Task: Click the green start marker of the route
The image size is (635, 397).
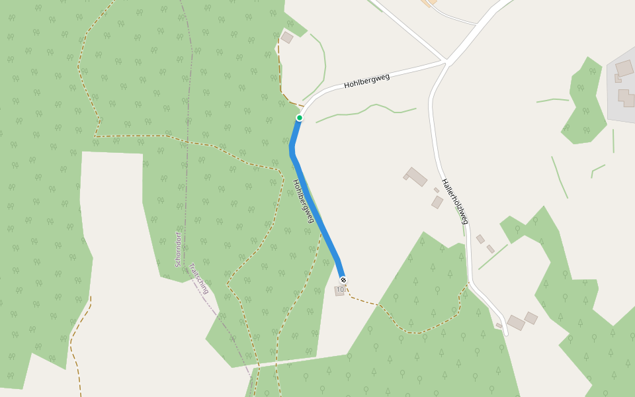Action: click(300, 118)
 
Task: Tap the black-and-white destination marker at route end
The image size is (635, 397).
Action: click(343, 280)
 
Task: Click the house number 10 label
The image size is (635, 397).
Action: click(340, 290)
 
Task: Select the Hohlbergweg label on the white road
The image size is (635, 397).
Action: click(366, 81)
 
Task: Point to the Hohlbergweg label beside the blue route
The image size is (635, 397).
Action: click(303, 200)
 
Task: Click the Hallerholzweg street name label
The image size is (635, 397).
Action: click(455, 201)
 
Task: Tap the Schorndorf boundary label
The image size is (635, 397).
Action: click(178, 249)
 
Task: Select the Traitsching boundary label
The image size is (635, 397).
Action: click(199, 279)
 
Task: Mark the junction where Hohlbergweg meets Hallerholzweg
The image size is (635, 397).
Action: click(446, 63)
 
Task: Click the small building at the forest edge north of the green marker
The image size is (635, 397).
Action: click(287, 38)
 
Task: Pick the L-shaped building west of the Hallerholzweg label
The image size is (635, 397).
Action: click(415, 177)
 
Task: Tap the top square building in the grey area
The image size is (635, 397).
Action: click(624, 68)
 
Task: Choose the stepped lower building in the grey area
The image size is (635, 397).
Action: click(626, 98)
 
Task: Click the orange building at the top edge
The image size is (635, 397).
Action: click(428, 3)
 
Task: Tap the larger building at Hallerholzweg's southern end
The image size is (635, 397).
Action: click(516, 322)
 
